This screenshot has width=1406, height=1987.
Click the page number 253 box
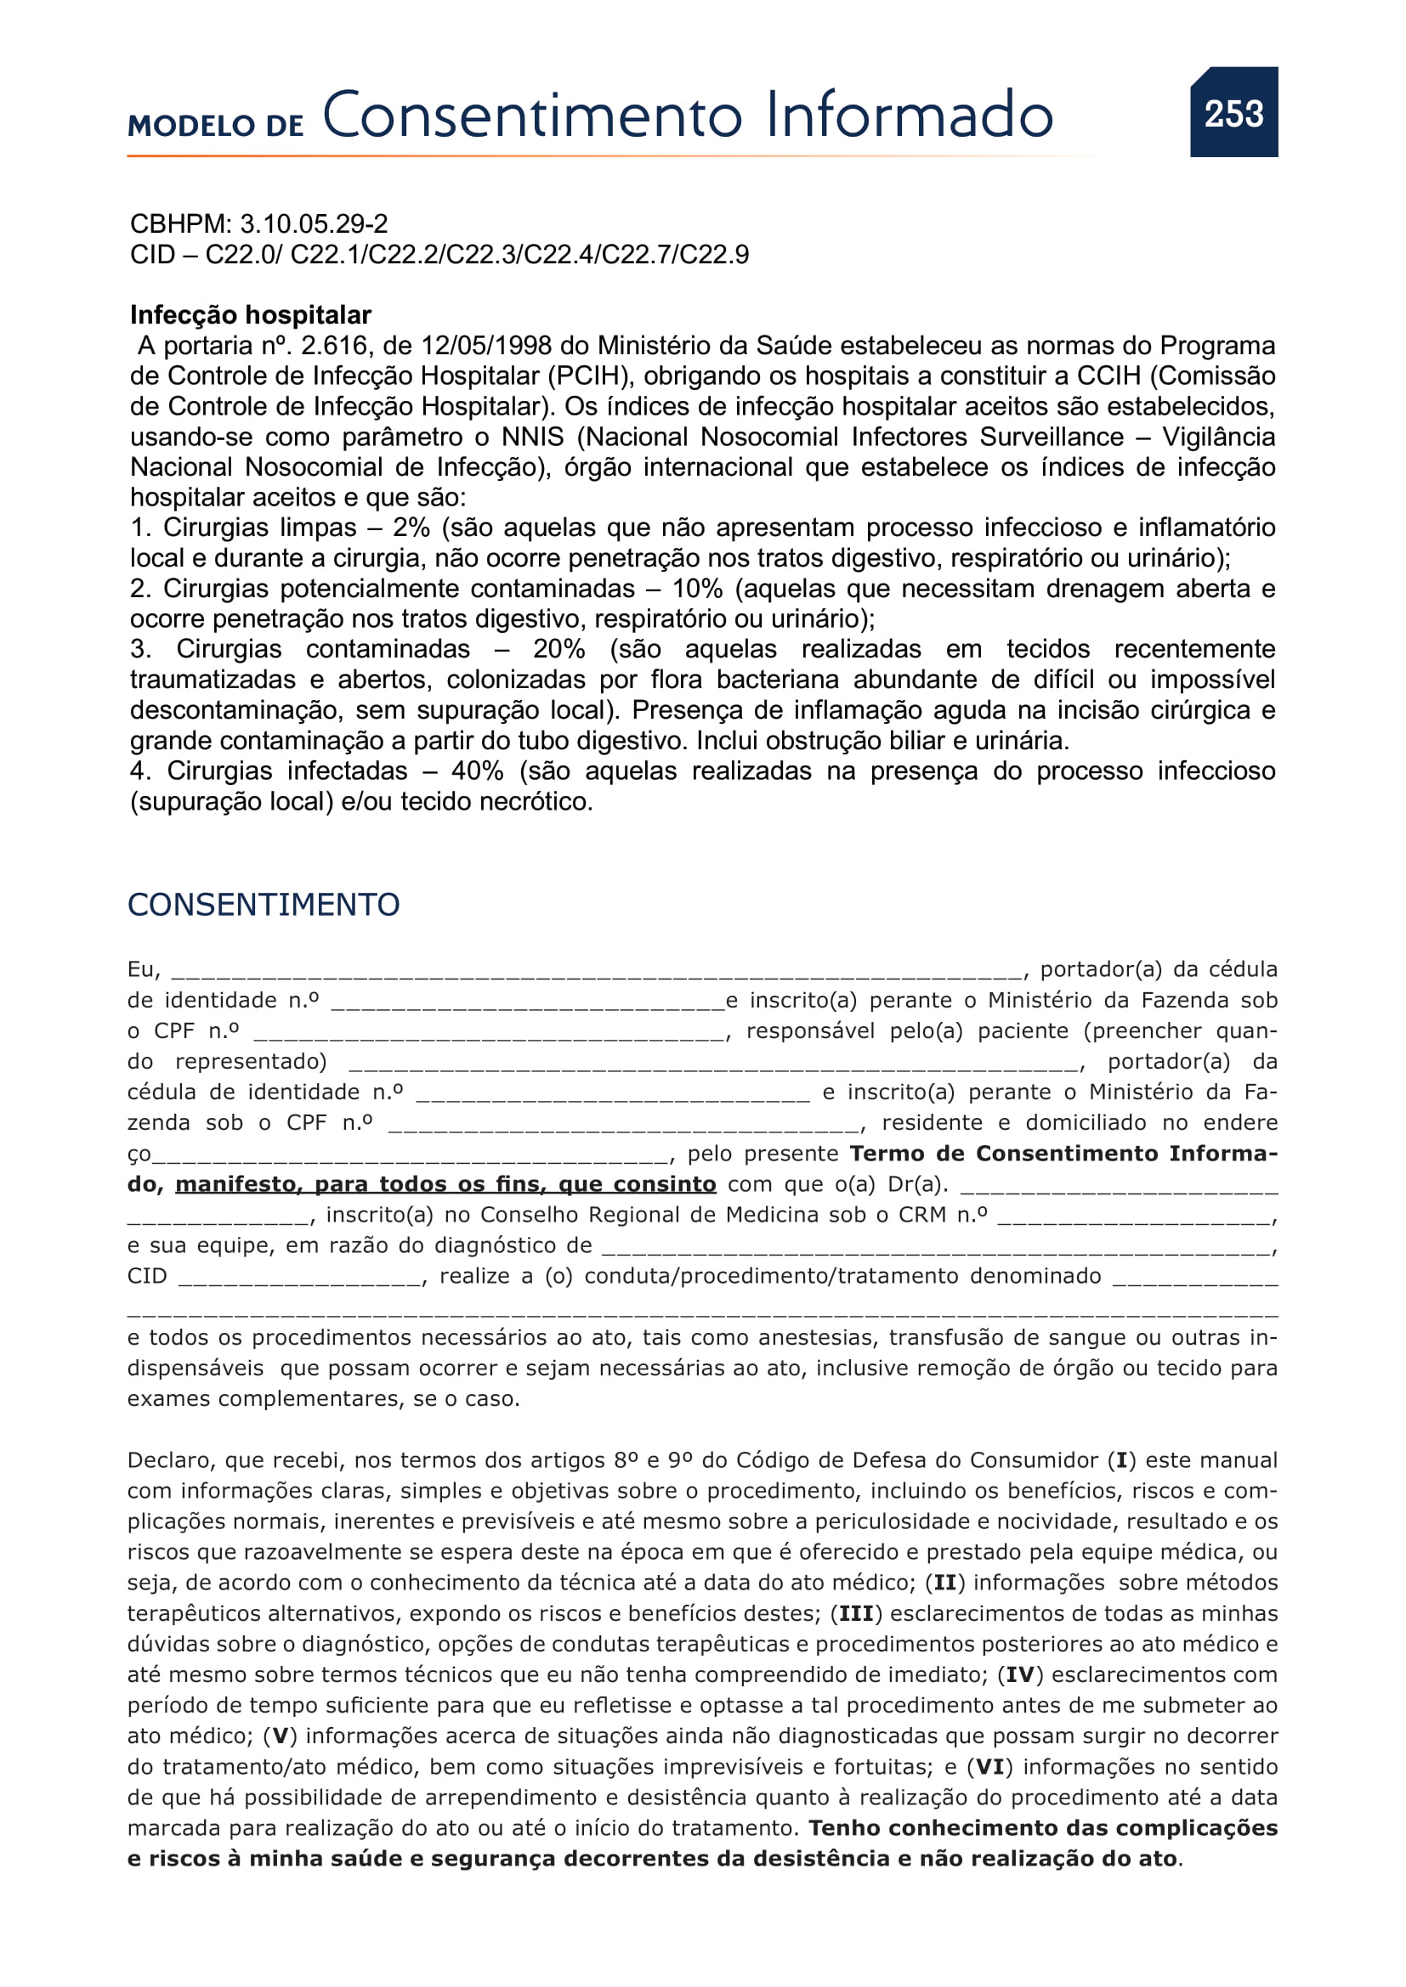[1233, 112]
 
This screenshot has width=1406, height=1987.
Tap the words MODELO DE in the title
[216, 126]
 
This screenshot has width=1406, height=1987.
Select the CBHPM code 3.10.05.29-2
[314, 224]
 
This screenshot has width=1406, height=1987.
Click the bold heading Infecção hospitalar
[250, 315]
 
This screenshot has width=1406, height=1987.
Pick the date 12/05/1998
[485, 346]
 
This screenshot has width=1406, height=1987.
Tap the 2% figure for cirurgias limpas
[411, 528]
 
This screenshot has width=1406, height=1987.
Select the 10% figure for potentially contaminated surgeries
[697, 589]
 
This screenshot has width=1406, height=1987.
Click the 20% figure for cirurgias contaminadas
[558, 649]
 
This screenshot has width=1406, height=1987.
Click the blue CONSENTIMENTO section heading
[264, 905]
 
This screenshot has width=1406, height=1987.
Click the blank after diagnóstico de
[935, 1247]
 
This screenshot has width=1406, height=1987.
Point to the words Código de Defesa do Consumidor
[917, 1461]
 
